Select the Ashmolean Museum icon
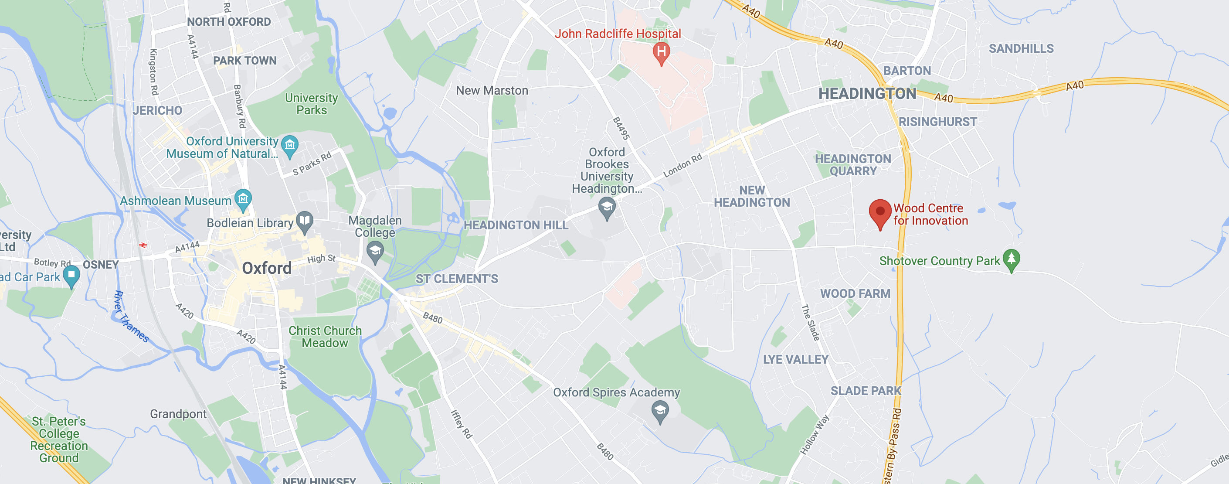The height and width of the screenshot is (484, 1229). [x=243, y=198]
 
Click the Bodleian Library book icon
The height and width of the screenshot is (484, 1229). [x=304, y=221]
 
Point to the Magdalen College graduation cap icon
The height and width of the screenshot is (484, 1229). [x=375, y=251]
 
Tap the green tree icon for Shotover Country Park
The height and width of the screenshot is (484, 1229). [x=1011, y=259]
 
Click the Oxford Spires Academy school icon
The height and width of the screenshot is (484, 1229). [x=660, y=410]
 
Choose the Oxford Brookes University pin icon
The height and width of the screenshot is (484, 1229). [x=607, y=208]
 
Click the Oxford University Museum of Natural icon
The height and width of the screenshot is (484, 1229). [x=289, y=145]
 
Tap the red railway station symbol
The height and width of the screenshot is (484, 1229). [x=143, y=245]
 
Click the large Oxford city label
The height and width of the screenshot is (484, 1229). [x=267, y=268]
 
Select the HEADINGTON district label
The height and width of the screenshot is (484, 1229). [x=867, y=94]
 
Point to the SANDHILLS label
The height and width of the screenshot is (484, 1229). [x=1021, y=49]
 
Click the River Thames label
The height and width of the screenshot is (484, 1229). [x=130, y=317]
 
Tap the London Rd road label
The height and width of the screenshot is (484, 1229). [x=683, y=165]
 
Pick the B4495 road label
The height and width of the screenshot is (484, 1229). [x=621, y=128]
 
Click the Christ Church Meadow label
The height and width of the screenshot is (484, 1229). [x=325, y=337]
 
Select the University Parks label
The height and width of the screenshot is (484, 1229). [x=312, y=104]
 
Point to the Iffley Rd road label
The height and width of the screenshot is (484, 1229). [x=461, y=424]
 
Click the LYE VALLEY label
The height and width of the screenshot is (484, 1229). [x=795, y=359]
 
